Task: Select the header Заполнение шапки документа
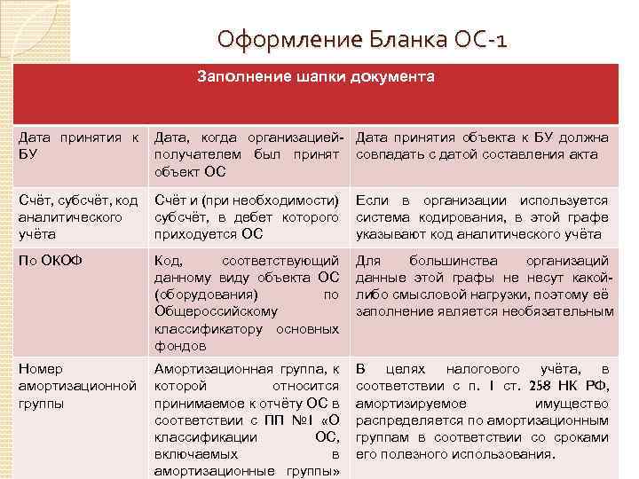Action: (316, 77)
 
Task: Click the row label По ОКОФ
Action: (49, 262)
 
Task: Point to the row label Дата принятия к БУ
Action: (79, 145)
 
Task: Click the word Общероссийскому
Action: (216, 312)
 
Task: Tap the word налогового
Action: (482, 369)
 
